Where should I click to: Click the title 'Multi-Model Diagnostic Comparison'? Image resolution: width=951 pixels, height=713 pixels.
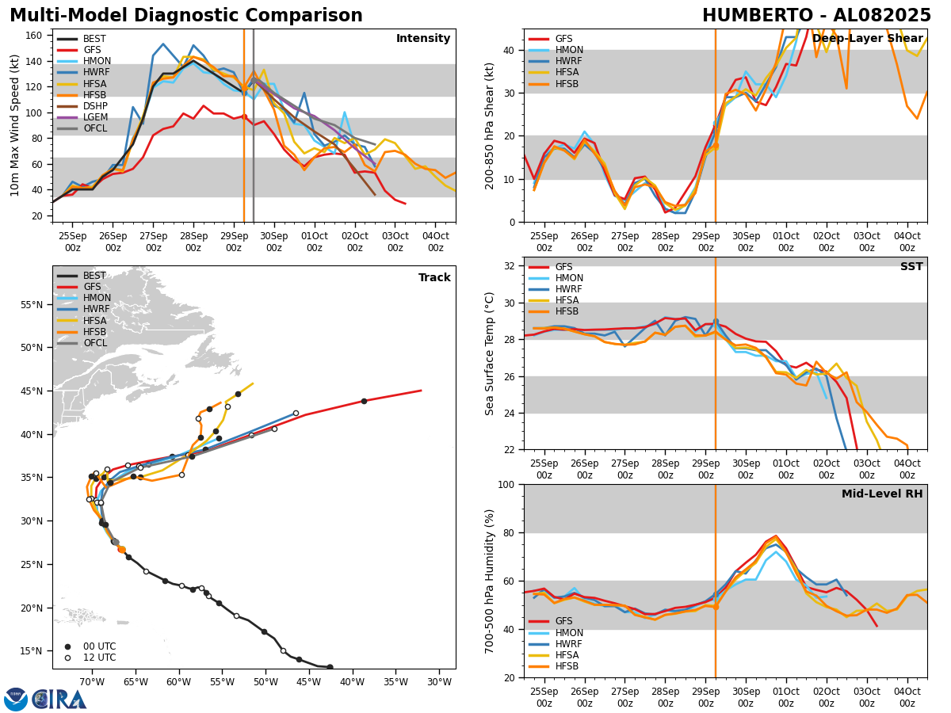(186, 16)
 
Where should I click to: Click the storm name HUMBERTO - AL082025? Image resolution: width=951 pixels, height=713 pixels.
(816, 16)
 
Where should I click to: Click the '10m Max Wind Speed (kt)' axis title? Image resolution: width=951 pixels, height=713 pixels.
(15, 125)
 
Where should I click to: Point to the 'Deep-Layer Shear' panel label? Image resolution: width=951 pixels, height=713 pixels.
(867, 39)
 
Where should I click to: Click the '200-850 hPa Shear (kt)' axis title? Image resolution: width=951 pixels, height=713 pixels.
(490, 125)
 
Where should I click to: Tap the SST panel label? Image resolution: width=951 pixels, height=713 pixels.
(911, 267)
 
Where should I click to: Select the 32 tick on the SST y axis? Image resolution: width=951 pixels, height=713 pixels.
(511, 266)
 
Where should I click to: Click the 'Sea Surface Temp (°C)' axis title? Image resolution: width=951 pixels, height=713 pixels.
(490, 353)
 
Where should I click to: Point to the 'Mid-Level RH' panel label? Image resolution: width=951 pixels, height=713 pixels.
(881, 494)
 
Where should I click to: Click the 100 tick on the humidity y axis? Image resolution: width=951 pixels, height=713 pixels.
(508, 484)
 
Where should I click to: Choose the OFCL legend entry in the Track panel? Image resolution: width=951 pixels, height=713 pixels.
(94, 343)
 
